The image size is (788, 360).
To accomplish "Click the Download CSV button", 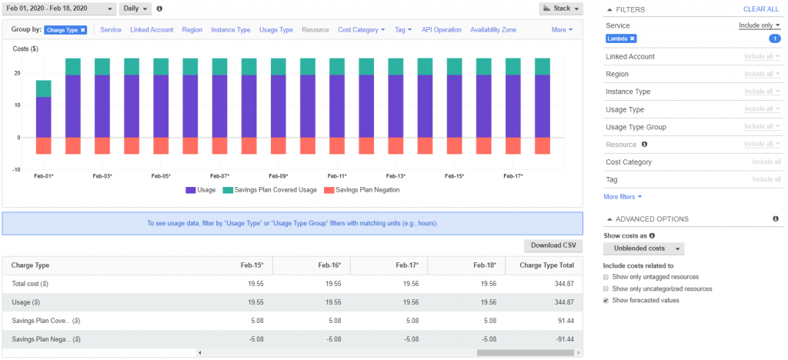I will pyautogui.click(x=553, y=246).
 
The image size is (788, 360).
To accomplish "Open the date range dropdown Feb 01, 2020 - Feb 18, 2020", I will pyautogui.click(x=60, y=8).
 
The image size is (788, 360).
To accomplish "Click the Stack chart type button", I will pyautogui.click(x=560, y=8).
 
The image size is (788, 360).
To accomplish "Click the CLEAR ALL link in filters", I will pyautogui.click(x=760, y=9).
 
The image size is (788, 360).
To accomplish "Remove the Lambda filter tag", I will pyautogui.click(x=633, y=38).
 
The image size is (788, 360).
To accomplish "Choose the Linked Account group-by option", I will pyautogui.click(x=152, y=30).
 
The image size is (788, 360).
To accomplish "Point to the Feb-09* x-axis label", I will pyautogui.click(x=279, y=176).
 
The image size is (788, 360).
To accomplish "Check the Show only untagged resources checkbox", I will pyautogui.click(x=607, y=277).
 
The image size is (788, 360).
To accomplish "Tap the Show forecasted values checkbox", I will pyautogui.click(x=607, y=300).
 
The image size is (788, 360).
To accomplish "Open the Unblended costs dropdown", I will pyautogui.click(x=644, y=248).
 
